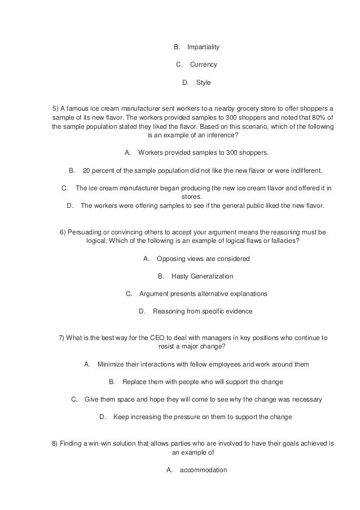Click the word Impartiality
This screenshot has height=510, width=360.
203,47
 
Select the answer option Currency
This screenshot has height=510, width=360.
203,65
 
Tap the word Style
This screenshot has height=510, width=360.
203,83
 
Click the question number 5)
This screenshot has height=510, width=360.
55,108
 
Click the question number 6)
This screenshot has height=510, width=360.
63,232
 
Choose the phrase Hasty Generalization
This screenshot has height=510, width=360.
202,277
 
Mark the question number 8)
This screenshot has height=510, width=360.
55,443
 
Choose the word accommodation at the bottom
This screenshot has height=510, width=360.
203,470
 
